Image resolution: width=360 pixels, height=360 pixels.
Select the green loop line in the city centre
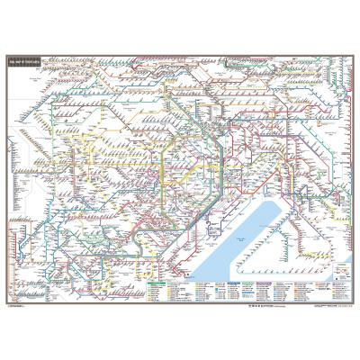coord(161,171)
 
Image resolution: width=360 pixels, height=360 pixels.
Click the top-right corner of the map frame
coord(355,52)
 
